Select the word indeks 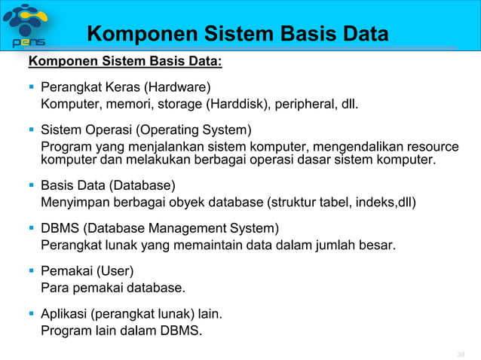coord(376,202)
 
